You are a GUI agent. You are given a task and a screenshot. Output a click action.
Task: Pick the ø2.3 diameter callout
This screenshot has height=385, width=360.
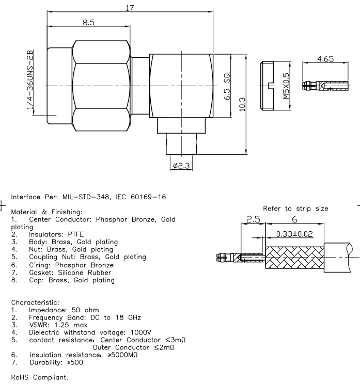(x=181, y=166)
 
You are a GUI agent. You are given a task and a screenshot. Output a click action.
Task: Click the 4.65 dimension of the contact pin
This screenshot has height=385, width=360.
(x=325, y=59)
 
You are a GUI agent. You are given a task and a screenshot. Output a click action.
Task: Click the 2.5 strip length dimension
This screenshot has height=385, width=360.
(x=253, y=219)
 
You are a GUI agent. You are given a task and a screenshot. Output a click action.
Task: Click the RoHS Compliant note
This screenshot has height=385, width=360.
(x=39, y=377)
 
